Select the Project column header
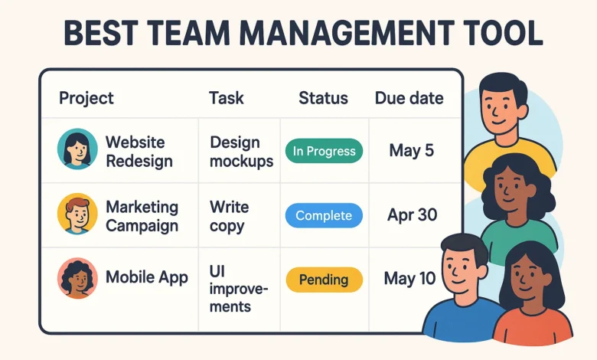pos(86,98)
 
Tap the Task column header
pos(227,98)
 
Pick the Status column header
pos(323,98)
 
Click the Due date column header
pos(409,98)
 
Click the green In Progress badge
pos(324,151)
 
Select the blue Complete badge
pos(324,215)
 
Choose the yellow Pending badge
pos(324,279)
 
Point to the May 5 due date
pos(411,151)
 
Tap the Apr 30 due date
pos(411,215)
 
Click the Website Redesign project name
pos(139,152)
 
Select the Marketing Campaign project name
pos(142,216)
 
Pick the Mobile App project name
pos(147,277)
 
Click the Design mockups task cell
pos(241,152)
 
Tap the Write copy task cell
pos(230,216)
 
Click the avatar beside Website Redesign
pos(77,149)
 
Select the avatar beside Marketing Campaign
pos(77,214)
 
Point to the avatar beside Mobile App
pos(77,278)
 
